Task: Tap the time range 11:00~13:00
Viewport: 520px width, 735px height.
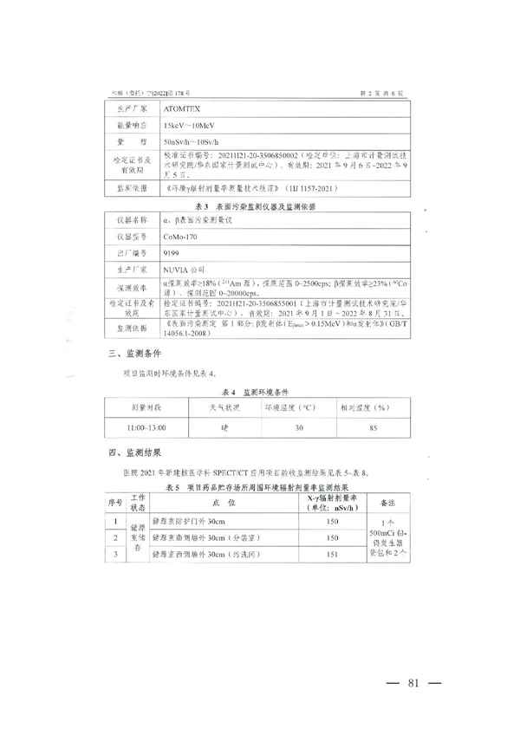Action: pos(146,426)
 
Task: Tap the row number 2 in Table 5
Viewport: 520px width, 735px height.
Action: pos(116,538)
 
